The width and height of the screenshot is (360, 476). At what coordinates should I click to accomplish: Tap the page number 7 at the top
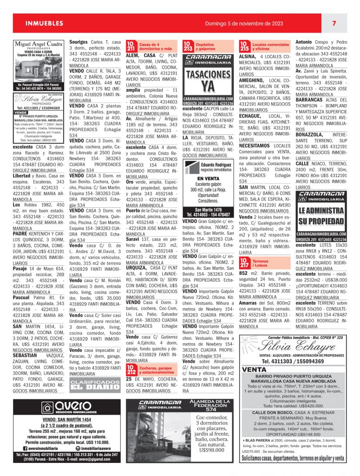(x=334, y=23)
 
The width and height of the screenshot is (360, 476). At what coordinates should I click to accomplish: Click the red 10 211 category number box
(x=131, y=46)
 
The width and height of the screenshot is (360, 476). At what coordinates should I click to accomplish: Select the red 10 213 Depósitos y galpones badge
(x=188, y=46)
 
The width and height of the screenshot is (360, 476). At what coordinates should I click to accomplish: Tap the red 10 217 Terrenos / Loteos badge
(x=244, y=264)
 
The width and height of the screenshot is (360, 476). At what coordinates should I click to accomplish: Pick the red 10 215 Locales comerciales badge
(x=244, y=46)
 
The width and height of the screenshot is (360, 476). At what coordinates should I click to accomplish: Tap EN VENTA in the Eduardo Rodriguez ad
(x=209, y=178)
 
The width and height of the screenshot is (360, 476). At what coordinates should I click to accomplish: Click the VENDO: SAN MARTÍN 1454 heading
(x=65, y=419)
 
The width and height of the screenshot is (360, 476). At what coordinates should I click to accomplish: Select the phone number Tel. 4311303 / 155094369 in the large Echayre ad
(x=292, y=361)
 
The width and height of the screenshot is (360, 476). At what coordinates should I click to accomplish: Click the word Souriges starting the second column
(x=79, y=42)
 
